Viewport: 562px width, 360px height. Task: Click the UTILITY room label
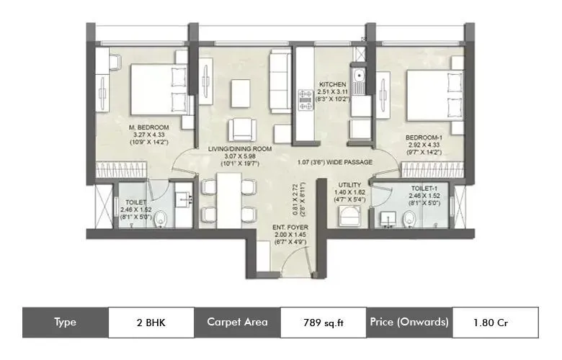pos(351,185)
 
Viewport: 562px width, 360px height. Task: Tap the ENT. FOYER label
pos(289,227)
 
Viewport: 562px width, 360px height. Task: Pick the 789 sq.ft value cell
pos(322,322)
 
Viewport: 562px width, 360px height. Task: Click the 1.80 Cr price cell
pos(495,322)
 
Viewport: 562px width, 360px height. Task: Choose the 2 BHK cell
pos(151,322)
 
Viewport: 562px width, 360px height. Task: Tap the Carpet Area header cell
pos(237,322)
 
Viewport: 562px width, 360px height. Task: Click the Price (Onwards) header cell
pos(409,322)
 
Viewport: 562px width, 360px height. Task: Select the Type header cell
pos(65,322)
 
